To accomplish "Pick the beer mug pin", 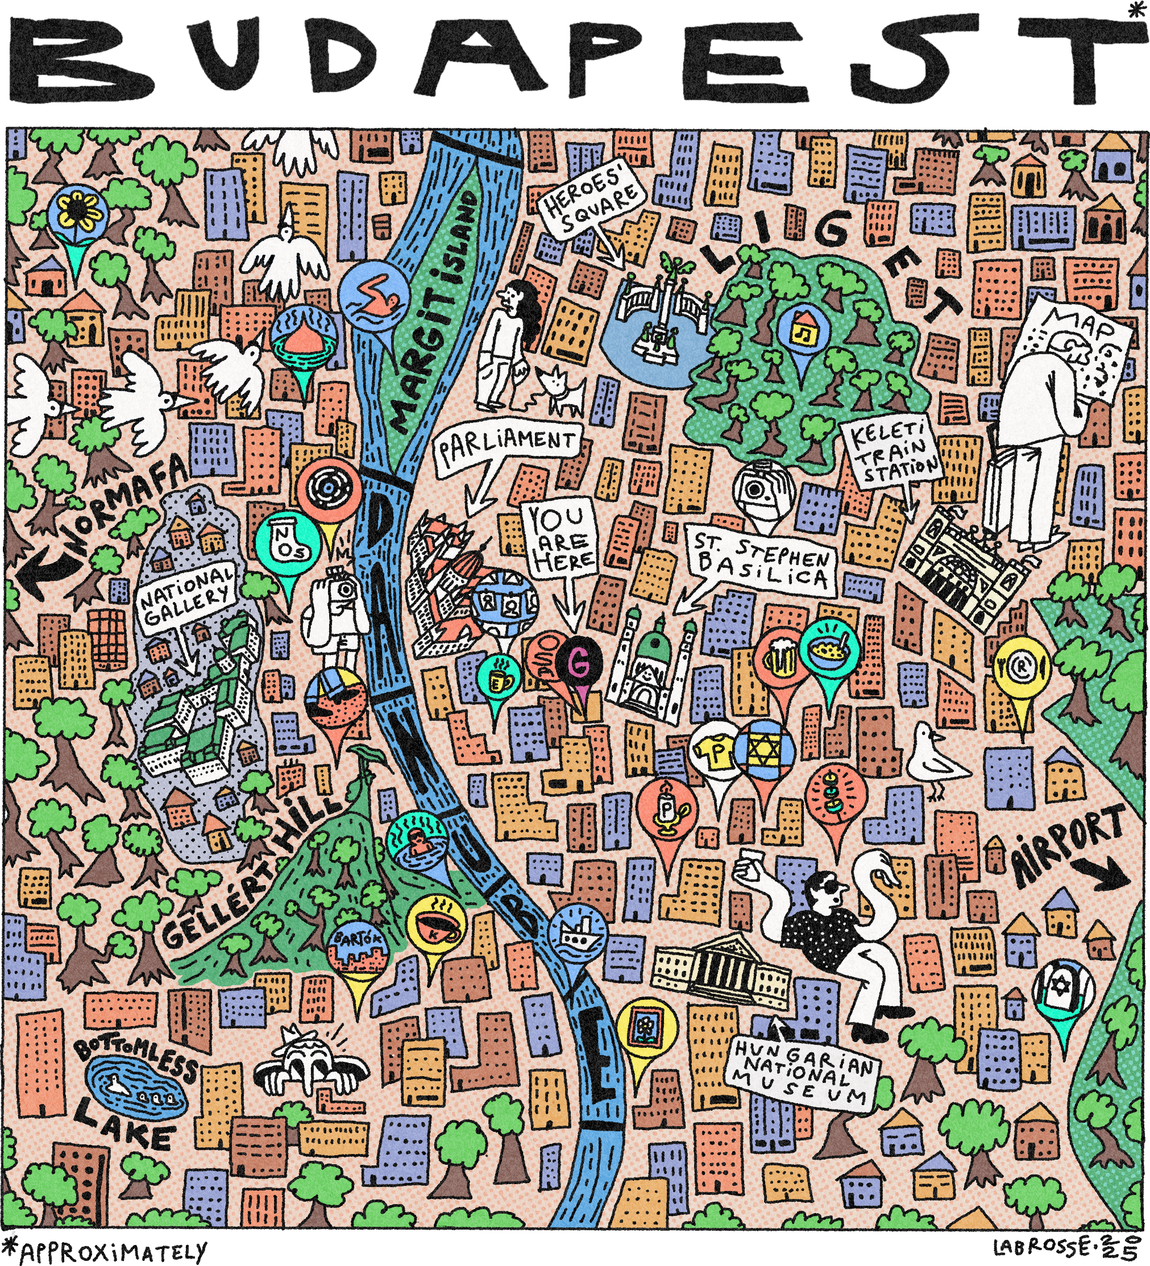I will pos(779,660).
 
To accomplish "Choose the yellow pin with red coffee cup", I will pos(436,927).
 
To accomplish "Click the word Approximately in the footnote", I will pos(113,1252).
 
